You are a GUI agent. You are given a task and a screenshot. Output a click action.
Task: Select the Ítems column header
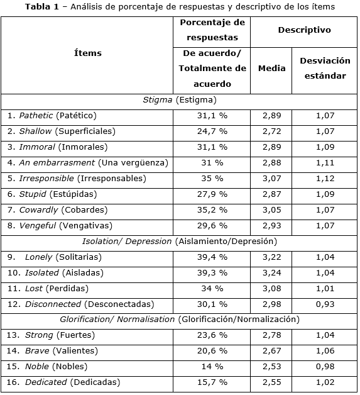click(x=87, y=53)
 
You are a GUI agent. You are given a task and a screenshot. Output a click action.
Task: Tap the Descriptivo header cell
click(x=304, y=30)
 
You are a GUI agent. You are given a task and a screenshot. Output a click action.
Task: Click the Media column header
click(x=271, y=69)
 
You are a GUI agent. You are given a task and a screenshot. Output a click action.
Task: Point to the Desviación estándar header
click(x=325, y=69)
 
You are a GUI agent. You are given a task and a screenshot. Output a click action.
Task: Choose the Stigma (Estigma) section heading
click(x=179, y=100)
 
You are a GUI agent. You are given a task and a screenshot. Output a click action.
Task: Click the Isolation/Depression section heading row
click(x=179, y=242)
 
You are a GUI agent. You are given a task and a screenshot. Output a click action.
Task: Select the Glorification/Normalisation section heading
click(x=179, y=320)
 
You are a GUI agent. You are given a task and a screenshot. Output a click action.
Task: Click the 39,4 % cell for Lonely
click(x=212, y=257)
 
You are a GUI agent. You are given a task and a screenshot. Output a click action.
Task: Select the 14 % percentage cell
click(x=212, y=367)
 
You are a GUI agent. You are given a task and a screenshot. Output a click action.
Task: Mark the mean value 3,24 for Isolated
click(x=271, y=273)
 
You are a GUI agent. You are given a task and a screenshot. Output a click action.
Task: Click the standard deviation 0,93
click(x=325, y=304)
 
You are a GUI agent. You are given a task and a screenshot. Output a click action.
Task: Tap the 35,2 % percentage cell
click(x=212, y=210)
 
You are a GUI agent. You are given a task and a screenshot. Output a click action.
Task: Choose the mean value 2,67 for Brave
click(x=271, y=351)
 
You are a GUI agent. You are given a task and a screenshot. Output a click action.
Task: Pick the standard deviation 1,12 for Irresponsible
click(x=325, y=179)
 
